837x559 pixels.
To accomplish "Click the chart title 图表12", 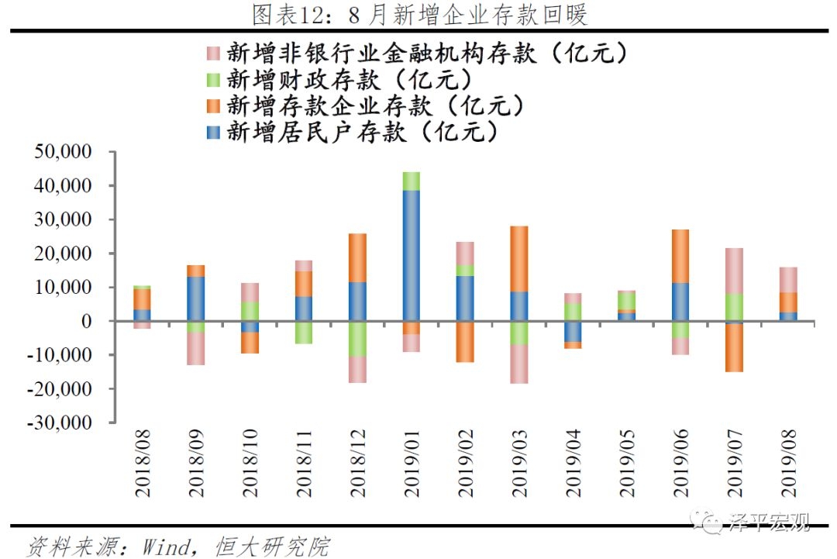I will click(x=419, y=15).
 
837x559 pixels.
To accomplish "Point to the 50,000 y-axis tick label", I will click(x=71, y=152).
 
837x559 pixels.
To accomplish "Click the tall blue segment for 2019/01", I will click(x=411, y=255).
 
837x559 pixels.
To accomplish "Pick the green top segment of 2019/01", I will click(x=411, y=181).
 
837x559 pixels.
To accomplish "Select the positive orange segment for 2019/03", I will click(x=518, y=259).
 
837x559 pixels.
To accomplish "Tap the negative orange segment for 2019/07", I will click(x=735, y=348).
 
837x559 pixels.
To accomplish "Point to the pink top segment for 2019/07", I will click(x=735, y=271).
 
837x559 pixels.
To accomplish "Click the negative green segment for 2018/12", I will click(x=357, y=339).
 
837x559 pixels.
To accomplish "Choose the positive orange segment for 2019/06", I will click(x=680, y=256).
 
